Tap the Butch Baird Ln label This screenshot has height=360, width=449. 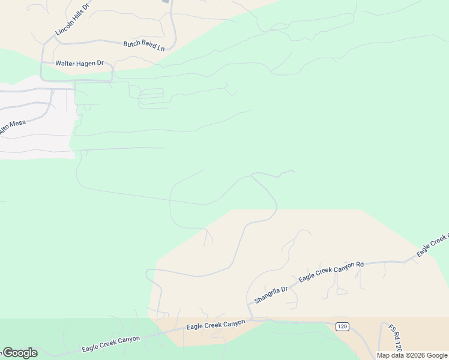click(x=144, y=45)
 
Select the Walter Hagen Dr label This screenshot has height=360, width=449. click(x=80, y=62)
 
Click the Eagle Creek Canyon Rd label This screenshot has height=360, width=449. click(x=331, y=272)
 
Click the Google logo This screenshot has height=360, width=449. click(x=19, y=353)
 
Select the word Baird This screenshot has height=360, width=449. click(x=148, y=46)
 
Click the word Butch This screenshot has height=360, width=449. click(x=131, y=44)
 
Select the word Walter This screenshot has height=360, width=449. click(x=66, y=62)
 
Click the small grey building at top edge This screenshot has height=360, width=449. click(x=166, y=1)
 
